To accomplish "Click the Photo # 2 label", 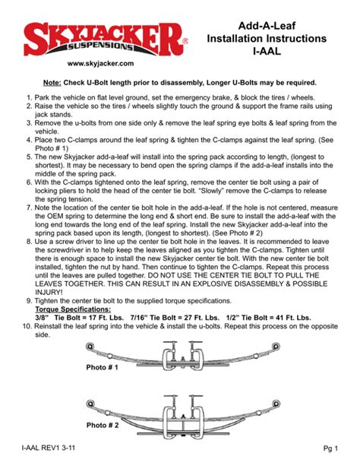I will coord(103,424).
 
